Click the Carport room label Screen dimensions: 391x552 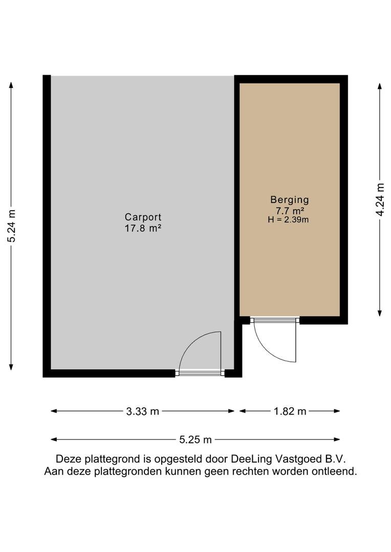click(143, 217)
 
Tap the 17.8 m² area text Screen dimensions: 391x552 click(143, 228)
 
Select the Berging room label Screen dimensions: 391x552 click(290, 200)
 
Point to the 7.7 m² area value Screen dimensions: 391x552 click(290, 211)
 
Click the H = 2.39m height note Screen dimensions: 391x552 click(288, 220)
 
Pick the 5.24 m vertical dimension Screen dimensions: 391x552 click(12, 226)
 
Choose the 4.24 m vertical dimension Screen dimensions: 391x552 click(380, 199)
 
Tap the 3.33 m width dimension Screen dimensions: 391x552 click(142, 411)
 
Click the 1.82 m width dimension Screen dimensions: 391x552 click(290, 411)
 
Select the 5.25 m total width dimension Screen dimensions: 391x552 click(196, 440)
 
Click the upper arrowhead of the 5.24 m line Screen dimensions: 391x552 click(11, 85)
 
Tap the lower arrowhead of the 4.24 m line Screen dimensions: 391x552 click(380, 313)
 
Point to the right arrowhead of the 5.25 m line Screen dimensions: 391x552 click(337, 440)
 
